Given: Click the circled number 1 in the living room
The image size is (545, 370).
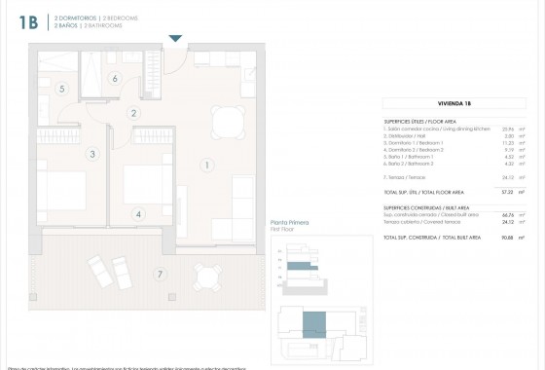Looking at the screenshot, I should tap(206, 166).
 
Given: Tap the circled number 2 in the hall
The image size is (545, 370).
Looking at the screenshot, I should tap(133, 113).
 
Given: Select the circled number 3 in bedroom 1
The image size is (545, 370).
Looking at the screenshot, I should tap(92, 153).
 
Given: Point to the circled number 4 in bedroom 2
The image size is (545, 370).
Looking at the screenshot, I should tap(138, 214).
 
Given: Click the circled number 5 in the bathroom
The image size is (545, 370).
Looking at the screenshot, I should tap(62, 89).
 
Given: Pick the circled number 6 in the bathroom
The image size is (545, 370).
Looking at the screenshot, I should tap(115, 79).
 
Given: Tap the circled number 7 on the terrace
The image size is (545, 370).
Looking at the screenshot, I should tap(160, 274).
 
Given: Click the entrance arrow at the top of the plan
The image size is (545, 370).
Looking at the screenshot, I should tap(175, 39).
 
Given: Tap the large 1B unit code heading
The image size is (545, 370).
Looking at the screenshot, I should tap(28, 23).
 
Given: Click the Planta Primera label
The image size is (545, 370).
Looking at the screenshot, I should tap(289, 223).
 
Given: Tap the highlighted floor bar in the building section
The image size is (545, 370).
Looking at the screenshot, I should tap(306, 265).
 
